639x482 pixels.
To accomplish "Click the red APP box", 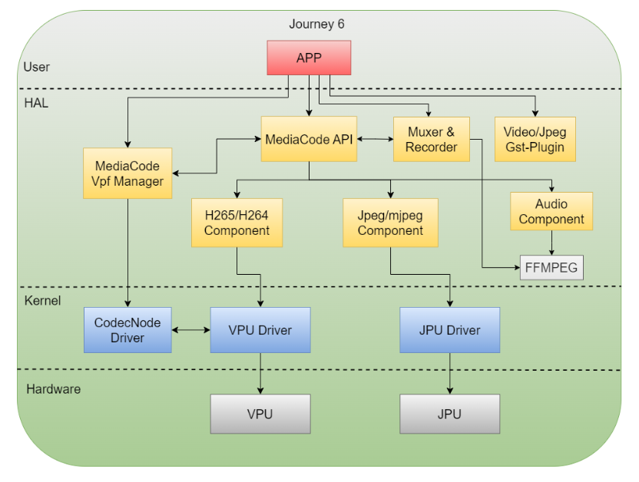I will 309,58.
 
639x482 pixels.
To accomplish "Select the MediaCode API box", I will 309,139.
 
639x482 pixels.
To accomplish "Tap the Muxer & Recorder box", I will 431,139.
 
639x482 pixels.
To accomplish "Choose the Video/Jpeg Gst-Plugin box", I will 535,139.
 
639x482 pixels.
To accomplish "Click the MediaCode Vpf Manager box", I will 127,173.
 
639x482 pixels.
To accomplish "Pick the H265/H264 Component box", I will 237,223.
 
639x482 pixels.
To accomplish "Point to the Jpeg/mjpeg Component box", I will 390,223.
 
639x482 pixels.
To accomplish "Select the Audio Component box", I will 551,211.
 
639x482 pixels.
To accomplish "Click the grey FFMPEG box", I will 551,268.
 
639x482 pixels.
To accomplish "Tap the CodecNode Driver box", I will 127,330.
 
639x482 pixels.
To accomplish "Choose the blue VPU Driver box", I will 260,330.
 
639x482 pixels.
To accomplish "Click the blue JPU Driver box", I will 449,330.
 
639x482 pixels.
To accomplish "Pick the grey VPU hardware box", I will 260,414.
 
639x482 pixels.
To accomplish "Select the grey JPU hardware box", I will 449,414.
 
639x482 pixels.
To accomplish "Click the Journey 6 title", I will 316,24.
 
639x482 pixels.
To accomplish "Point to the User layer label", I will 36,67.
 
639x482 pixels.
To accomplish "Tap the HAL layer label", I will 35,102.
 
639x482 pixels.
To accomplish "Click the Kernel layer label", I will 42,299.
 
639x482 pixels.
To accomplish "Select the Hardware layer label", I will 53,389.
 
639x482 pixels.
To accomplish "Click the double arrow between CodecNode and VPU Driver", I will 190,330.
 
